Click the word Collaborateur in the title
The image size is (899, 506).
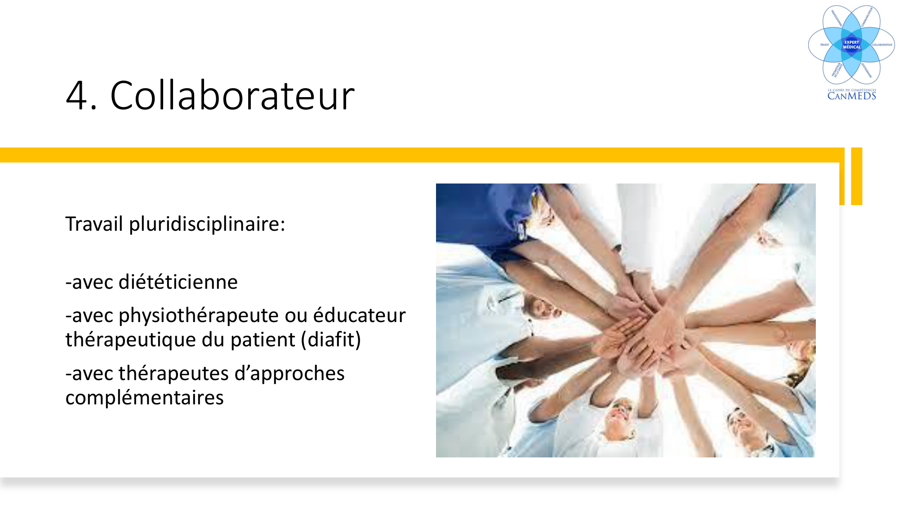click(x=232, y=95)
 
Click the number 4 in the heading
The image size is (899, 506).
click(x=77, y=95)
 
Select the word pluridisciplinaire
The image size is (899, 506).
click(x=207, y=224)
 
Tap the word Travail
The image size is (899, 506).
click(x=94, y=224)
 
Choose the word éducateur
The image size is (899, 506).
click(x=359, y=315)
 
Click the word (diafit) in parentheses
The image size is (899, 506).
click(x=331, y=340)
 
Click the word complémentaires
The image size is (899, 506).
click(x=144, y=398)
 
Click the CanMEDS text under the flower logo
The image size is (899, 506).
click(x=851, y=96)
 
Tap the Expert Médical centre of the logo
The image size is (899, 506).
click(x=851, y=45)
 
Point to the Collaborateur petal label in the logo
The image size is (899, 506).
click(x=882, y=45)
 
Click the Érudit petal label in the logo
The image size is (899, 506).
click(x=824, y=45)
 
